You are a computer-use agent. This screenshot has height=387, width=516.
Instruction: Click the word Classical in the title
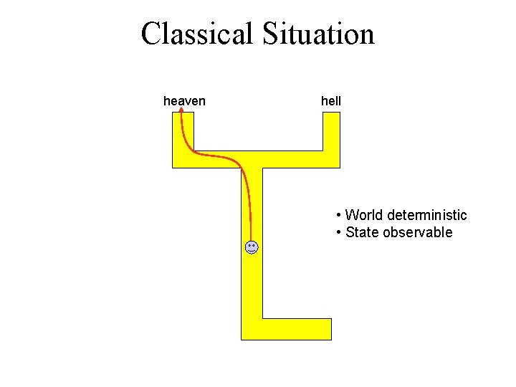[x=197, y=34]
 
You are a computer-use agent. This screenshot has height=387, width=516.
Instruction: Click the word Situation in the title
[x=317, y=34]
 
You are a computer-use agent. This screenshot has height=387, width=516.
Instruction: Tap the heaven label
[x=184, y=101]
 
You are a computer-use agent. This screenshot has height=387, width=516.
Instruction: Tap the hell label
[x=331, y=101]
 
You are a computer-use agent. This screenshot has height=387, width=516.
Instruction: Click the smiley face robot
[x=251, y=248]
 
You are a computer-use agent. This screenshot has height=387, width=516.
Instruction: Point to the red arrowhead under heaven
[x=181, y=111]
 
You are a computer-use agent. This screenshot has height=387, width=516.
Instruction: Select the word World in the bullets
[x=363, y=215]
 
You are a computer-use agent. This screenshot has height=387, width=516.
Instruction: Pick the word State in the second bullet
[x=362, y=232]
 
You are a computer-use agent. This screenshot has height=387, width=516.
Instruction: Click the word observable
[x=418, y=232]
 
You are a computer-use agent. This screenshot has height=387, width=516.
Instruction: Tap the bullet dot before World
[x=338, y=216]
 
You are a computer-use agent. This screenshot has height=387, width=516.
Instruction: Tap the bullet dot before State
[x=338, y=233]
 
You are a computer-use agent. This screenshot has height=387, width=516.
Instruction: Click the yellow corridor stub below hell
[x=331, y=133]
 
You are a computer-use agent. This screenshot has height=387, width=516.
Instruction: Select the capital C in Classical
[x=150, y=34]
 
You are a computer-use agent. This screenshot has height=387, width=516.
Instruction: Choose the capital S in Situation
[x=269, y=34]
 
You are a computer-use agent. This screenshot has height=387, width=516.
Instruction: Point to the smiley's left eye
[x=249, y=246]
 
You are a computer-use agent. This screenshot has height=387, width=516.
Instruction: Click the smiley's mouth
[x=251, y=252]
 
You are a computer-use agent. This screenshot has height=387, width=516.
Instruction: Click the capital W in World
[x=352, y=215]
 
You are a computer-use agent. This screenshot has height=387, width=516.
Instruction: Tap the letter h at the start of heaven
[x=167, y=101]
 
